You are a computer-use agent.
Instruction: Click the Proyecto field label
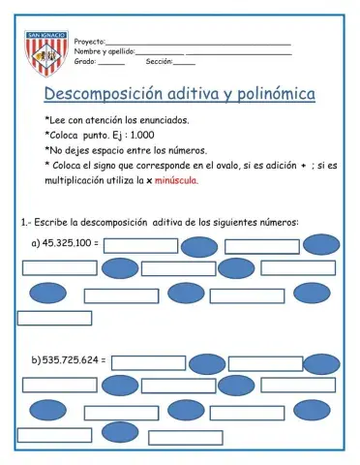point(89,42)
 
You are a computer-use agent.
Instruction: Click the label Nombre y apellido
point(105,51)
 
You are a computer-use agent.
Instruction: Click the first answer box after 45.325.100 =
point(140,244)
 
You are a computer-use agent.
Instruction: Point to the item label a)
point(36,243)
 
